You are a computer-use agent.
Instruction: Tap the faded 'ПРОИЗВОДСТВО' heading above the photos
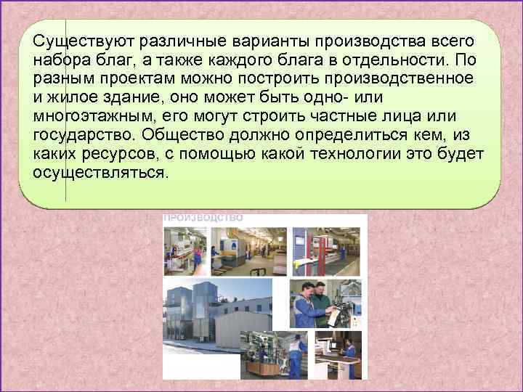tap(203, 217)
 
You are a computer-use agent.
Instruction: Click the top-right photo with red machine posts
tap(329, 250)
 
